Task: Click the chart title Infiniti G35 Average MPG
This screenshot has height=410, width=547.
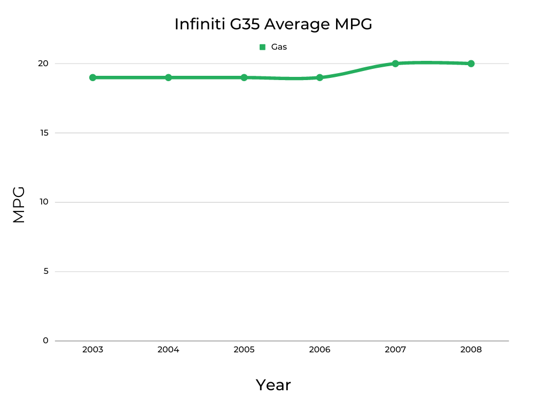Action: pos(273,24)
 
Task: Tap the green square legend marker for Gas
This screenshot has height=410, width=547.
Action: pos(262,47)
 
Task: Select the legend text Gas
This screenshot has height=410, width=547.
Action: pos(279,47)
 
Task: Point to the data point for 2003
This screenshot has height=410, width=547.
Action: pos(93,77)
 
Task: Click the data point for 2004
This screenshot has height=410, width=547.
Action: pos(168,77)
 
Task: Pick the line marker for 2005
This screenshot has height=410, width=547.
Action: pos(244,77)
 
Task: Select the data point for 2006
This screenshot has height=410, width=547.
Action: pos(319,77)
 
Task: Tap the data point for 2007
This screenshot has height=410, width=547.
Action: pos(395,64)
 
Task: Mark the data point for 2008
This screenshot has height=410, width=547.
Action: pos(471,64)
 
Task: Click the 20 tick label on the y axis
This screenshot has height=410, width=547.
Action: pos(43,64)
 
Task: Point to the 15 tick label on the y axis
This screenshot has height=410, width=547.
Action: pos(43,133)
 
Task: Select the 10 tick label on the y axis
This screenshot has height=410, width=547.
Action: pos(43,202)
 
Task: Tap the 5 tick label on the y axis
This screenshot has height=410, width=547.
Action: pos(45,271)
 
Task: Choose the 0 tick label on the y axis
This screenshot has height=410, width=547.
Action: pos(45,341)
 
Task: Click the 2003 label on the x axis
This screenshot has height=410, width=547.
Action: pos(93,350)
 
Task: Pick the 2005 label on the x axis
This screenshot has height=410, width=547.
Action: pos(244,350)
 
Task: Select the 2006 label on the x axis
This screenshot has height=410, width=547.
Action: pos(319,350)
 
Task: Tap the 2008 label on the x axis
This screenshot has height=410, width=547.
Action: pos(471,350)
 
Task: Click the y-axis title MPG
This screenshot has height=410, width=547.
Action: pos(19,204)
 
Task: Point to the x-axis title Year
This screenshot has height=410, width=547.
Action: pos(273,385)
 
